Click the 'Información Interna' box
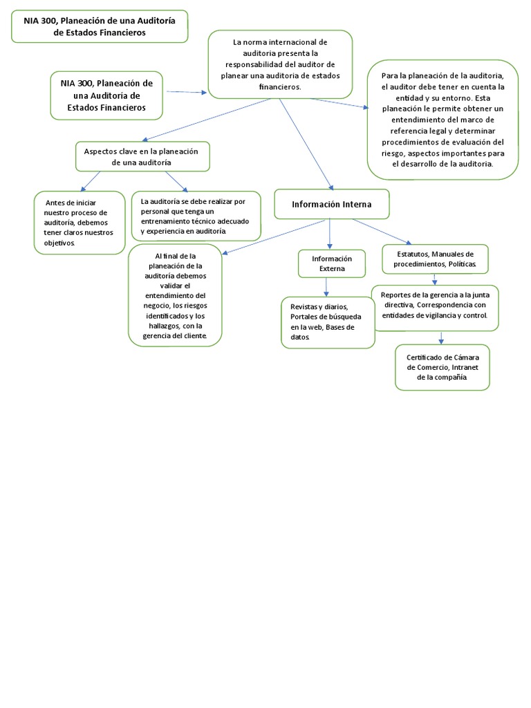332,205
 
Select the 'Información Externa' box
331,263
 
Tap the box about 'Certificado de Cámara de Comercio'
442,367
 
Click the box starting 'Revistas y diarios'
328,322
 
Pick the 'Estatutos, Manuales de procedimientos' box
435,259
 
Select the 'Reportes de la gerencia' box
435,305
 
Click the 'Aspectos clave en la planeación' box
142,156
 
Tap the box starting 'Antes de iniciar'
80,223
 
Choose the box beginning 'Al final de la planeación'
175,295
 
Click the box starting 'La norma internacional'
280,65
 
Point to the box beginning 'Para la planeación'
443,120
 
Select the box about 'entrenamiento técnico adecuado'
196,216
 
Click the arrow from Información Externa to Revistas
326,286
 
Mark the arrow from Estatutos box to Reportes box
434,279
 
